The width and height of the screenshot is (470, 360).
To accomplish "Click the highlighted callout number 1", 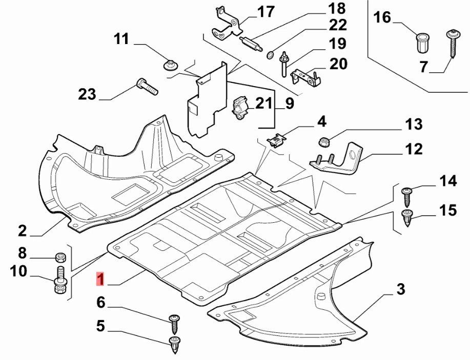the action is (x=100, y=279).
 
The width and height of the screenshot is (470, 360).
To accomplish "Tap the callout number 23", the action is (x=87, y=94).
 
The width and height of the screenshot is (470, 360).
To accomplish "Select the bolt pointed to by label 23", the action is (x=147, y=87).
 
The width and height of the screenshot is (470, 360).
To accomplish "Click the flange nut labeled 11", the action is (x=171, y=65).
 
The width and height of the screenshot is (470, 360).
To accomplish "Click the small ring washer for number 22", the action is (x=270, y=55).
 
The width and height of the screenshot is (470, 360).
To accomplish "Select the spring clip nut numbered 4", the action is (x=276, y=140).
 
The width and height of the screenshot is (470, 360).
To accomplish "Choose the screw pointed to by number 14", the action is (x=407, y=197).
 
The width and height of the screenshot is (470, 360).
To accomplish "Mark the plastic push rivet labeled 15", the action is (x=407, y=218).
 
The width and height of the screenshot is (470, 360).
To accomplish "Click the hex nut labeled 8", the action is (x=61, y=257).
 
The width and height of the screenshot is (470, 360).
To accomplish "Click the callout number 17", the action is (x=266, y=12).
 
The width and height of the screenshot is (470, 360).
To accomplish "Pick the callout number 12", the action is (x=414, y=149).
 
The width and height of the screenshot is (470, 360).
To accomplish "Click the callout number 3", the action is (x=401, y=289).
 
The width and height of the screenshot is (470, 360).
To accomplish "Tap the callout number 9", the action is (x=289, y=103).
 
